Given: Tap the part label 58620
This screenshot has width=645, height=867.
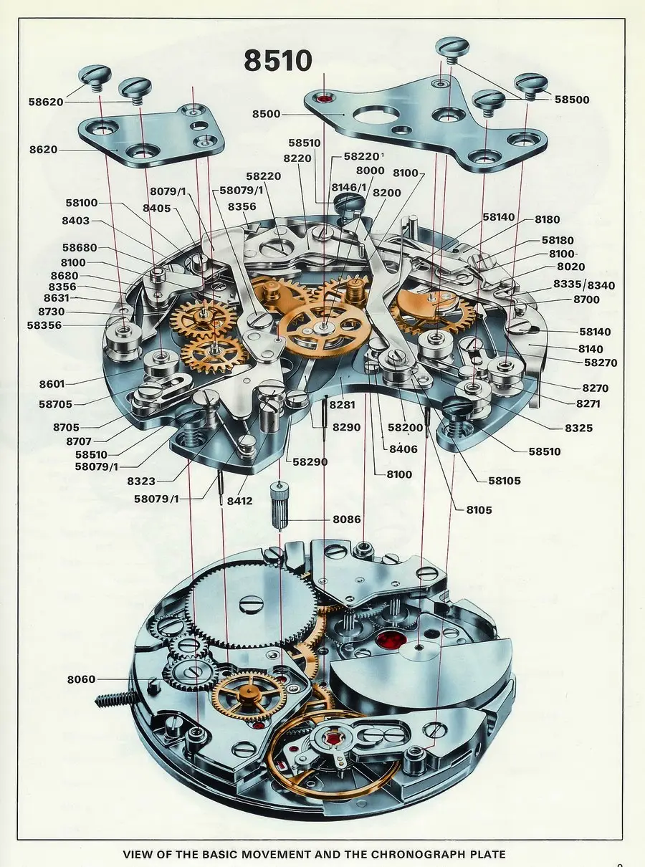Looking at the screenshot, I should coord(46,102).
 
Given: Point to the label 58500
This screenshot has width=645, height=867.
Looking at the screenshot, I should coord(572,100).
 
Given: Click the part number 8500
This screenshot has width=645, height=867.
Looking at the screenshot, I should coord(266,114).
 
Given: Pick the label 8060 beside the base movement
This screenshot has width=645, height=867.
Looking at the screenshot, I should coord(81,679).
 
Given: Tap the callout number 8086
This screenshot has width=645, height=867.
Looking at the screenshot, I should coord(347,519).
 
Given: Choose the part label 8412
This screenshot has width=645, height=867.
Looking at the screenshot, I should coord(239,500).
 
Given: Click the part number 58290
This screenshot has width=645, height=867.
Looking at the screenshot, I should coord(307,462).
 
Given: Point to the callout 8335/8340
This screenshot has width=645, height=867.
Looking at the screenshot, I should coord(584,284).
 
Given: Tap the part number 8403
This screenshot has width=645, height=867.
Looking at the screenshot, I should coord(75,221).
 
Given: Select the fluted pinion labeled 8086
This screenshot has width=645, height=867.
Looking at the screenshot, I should coord(279,507).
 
